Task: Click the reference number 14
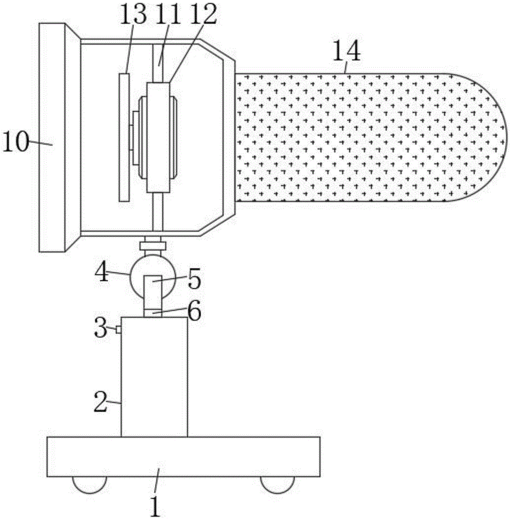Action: tap(347, 52)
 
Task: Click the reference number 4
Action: tap(102, 272)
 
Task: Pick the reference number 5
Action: tap(194, 279)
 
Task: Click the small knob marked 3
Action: tap(119, 329)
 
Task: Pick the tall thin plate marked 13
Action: tap(124, 137)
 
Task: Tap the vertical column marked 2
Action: tap(154, 377)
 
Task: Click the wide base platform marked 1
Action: tap(183, 457)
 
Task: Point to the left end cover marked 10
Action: tap(52, 138)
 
